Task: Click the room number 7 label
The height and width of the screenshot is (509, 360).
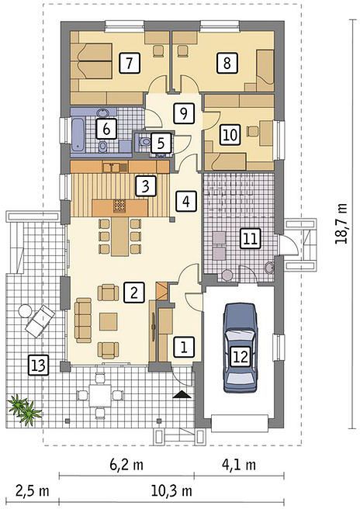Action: coord(130,62)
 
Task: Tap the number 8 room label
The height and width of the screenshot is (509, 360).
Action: coord(227,62)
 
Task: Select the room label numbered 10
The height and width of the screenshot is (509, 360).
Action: coord(230,134)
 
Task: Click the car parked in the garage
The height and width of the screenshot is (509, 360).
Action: coord(240,348)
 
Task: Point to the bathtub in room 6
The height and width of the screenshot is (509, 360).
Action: coord(78,135)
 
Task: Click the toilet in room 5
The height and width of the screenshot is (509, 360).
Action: coord(144,142)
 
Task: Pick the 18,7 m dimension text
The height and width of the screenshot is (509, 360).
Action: coord(341,223)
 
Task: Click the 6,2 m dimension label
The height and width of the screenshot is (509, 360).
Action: coord(126,465)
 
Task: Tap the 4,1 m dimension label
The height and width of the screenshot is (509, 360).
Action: coord(239,465)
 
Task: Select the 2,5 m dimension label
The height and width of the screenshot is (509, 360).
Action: coord(33,491)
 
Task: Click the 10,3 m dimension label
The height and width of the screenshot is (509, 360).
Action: coord(171,491)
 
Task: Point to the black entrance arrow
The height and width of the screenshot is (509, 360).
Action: coord(182,394)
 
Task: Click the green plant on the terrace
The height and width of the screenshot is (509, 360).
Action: coord(25,410)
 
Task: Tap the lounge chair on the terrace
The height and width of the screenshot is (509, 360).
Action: coord(40,321)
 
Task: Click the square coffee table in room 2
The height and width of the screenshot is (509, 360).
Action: coord(109,321)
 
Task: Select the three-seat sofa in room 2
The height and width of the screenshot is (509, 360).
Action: coord(83,320)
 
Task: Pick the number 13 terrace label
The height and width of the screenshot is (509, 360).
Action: coord(38,365)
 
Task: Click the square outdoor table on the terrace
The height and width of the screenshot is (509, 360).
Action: coord(100,395)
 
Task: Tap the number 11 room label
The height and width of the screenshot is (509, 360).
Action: coord(251,239)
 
